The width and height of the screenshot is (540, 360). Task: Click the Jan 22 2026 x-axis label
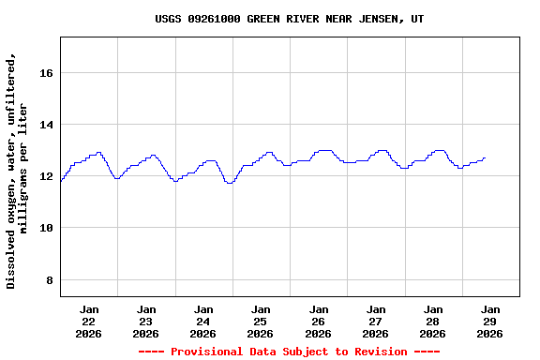(89, 321)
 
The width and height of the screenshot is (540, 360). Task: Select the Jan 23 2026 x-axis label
(146, 321)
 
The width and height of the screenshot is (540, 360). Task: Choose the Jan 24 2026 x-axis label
(203, 321)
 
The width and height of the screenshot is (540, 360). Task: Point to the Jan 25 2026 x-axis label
(261, 321)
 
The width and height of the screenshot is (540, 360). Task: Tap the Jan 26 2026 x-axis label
(319, 321)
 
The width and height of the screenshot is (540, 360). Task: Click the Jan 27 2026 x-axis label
(376, 321)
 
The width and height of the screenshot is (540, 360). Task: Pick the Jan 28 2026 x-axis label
(433, 321)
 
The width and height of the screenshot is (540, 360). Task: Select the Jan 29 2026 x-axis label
(490, 321)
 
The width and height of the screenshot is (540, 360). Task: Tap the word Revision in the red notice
(377, 352)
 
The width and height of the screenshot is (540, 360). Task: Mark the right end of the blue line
(485, 157)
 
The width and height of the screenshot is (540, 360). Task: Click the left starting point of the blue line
(61, 181)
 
